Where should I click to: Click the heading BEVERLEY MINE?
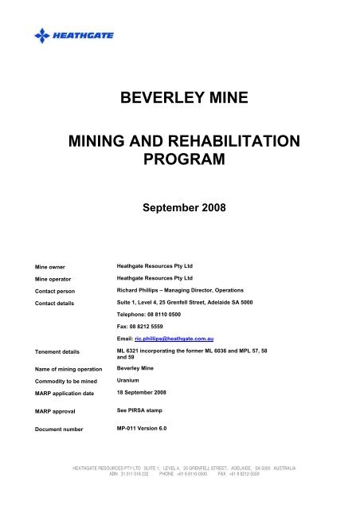(179, 100)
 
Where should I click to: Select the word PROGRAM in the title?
(179, 163)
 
